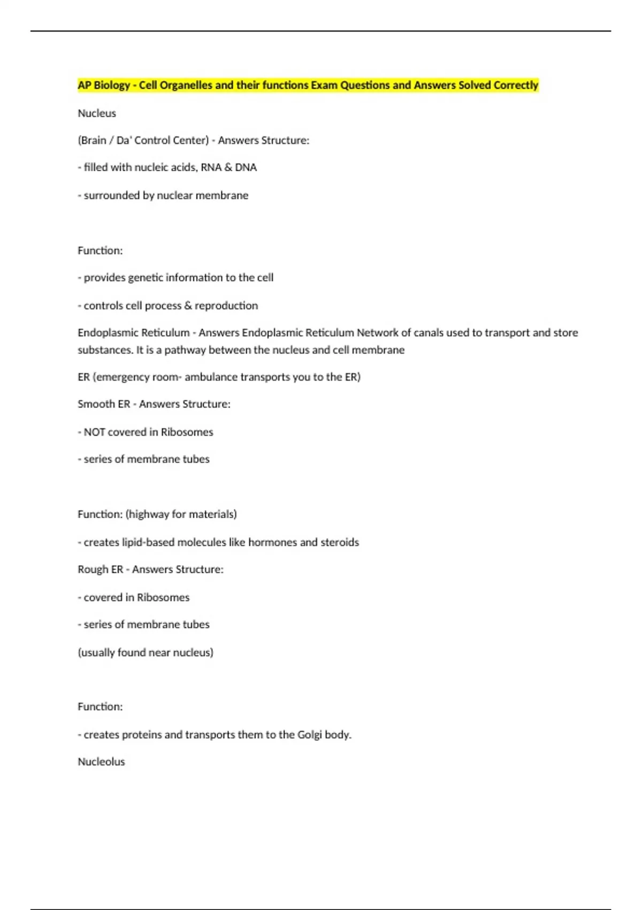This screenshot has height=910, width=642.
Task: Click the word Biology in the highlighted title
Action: click(112, 85)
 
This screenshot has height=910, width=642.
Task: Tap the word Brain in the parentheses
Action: click(93, 140)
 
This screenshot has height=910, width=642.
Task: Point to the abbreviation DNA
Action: click(246, 168)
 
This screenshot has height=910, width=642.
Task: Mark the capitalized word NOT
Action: click(94, 432)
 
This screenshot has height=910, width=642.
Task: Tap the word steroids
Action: click(340, 542)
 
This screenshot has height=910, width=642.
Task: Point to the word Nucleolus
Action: click(101, 762)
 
